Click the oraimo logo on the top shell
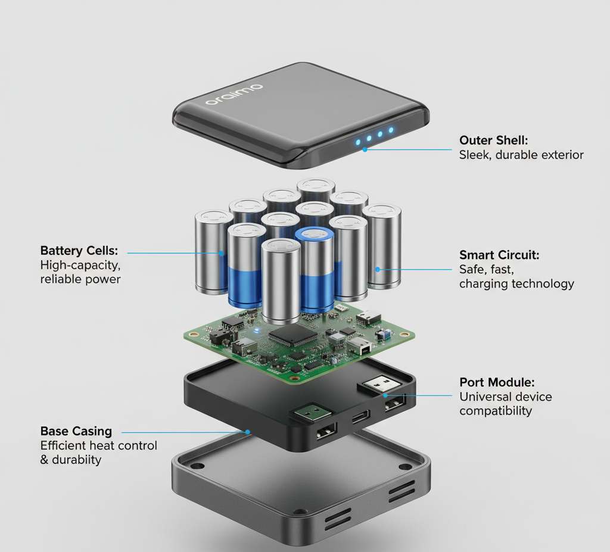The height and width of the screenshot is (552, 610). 234,95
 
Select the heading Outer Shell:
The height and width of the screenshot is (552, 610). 493,141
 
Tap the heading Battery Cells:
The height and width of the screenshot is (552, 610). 79,251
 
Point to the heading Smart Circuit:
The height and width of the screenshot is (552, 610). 499,255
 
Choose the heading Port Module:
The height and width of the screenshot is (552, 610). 497,382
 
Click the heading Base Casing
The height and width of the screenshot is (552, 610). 76,431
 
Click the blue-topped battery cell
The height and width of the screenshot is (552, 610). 315,270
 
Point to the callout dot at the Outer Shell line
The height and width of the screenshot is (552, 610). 365,149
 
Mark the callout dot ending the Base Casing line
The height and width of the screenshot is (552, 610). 247,432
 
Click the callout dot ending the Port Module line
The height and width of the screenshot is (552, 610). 385,395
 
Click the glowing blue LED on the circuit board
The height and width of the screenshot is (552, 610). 256,331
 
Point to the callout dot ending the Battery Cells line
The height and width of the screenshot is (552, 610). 221,253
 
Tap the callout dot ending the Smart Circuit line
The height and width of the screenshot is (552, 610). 377,269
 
